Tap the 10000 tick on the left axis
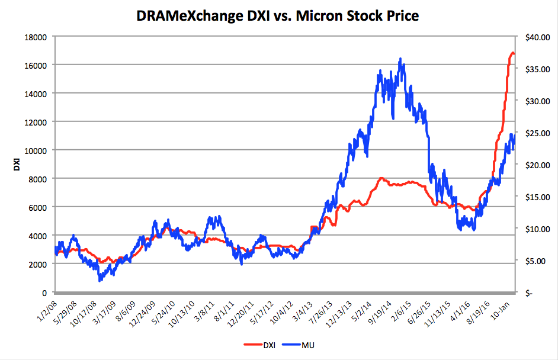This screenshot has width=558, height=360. [35, 150]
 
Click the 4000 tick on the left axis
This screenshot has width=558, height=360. [37, 236]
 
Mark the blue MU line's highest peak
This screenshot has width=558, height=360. [400, 59]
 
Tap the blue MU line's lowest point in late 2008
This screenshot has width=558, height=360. [100, 280]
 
